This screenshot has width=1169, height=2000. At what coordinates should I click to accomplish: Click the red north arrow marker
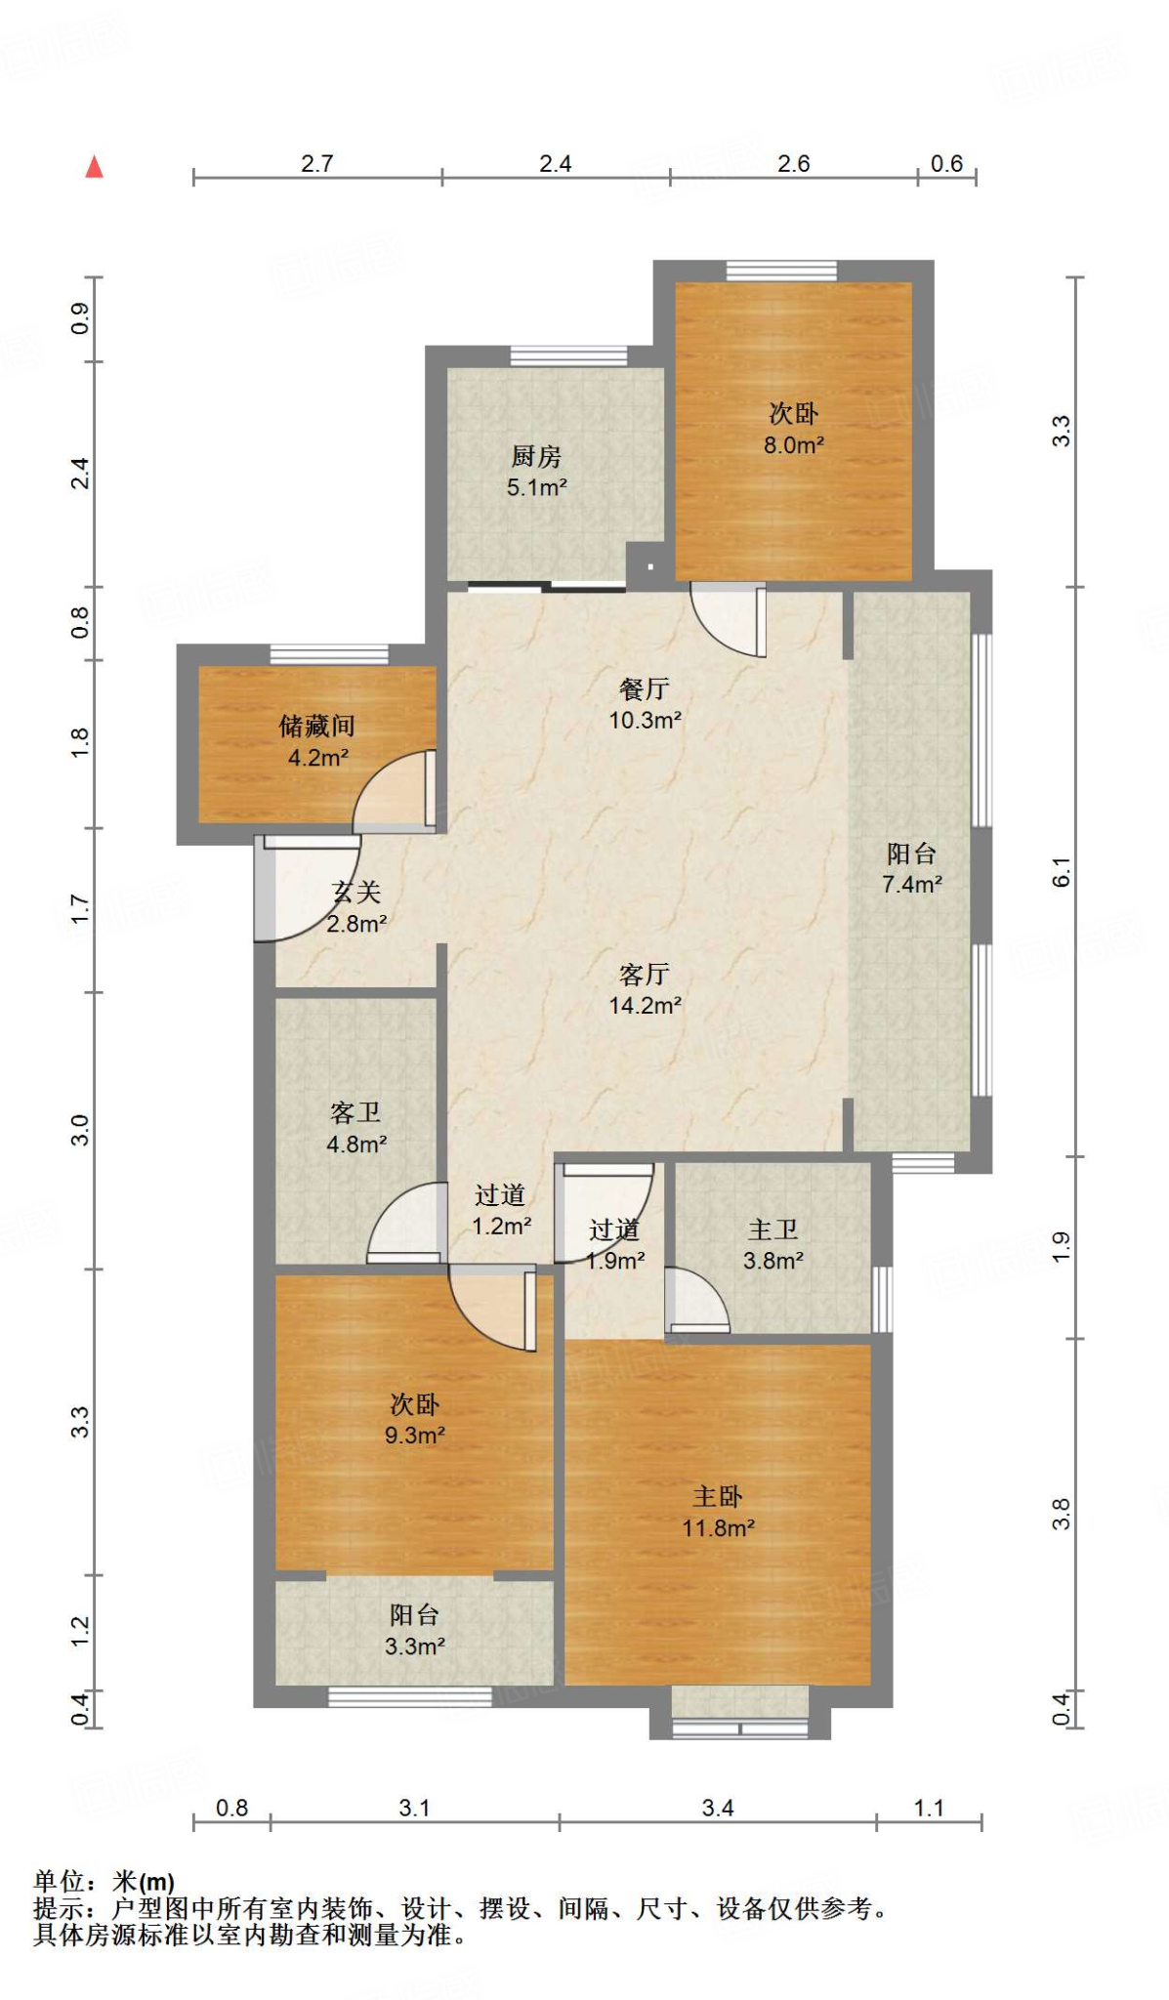click(94, 167)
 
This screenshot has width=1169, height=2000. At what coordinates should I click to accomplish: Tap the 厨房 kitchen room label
click(536, 456)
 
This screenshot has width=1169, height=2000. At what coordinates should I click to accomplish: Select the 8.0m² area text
click(793, 445)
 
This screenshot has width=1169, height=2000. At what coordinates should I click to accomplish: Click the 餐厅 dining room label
click(645, 688)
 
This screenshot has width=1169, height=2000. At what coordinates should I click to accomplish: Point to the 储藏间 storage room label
click(317, 726)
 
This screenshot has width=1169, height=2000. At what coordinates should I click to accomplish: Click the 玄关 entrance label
click(356, 892)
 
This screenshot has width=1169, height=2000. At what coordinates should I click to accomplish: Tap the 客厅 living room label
click(645, 974)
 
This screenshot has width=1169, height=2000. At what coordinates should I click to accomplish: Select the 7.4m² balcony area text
click(912, 885)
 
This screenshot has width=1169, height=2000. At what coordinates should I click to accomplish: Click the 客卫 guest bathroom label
click(355, 1112)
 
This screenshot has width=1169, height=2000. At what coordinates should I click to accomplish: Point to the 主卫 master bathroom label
click(772, 1229)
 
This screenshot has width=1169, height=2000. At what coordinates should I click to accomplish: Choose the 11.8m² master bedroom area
click(718, 1528)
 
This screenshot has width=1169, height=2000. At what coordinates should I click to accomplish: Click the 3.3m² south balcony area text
click(415, 1646)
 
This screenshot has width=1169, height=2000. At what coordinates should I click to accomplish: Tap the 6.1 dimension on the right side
click(1062, 872)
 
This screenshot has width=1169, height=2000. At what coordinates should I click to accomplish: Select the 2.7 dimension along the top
click(317, 163)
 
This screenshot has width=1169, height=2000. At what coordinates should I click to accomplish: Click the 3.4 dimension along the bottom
click(718, 1808)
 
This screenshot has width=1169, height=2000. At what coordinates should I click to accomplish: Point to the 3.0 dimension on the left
click(80, 1130)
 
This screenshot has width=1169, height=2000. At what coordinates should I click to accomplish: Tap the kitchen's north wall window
click(568, 356)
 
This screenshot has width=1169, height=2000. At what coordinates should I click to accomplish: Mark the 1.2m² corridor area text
click(502, 1226)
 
